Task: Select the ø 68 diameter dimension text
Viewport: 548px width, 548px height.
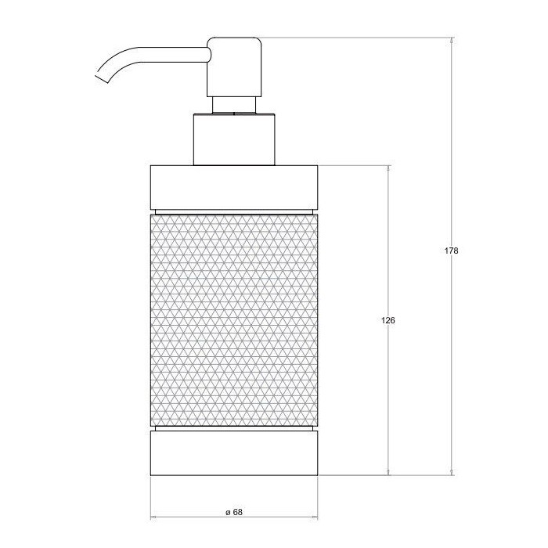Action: pyautogui.click(x=233, y=511)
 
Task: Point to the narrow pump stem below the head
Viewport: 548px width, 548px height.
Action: pyautogui.click(x=233, y=106)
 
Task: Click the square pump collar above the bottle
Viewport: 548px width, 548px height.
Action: pyautogui.click(x=233, y=141)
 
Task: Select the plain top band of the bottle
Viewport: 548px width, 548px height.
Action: pyautogui.click(x=233, y=186)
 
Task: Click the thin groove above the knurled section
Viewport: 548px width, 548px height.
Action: pyautogui.click(x=233, y=211)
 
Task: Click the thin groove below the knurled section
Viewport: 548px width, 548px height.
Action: pyautogui.click(x=233, y=429)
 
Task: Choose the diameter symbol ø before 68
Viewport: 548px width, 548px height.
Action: pyautogui.click(x=226, y=511)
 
